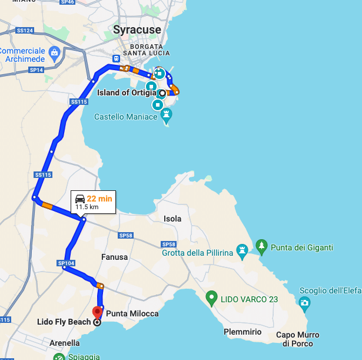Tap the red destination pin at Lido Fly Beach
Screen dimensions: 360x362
click(97, 312)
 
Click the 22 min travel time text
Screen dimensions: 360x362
click(99, 199)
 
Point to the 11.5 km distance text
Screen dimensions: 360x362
click(87, 207)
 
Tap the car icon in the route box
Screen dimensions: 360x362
click(79, 199)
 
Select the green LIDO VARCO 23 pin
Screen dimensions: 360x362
click(211, 298)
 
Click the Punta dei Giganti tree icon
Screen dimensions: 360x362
click(261, 245)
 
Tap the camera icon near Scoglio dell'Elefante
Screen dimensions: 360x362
click(304, 303)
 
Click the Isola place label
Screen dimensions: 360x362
click(172, 219)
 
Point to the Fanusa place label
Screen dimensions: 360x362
click(114, 257)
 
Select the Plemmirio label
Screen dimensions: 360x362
click(243, 332)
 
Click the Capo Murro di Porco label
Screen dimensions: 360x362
click(298, 339)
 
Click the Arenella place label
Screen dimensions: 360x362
click(65, 343)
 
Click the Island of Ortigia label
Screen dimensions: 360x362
click(126, 93)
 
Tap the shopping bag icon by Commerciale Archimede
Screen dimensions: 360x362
click(54, 52)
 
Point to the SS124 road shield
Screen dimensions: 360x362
click(25, 30)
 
